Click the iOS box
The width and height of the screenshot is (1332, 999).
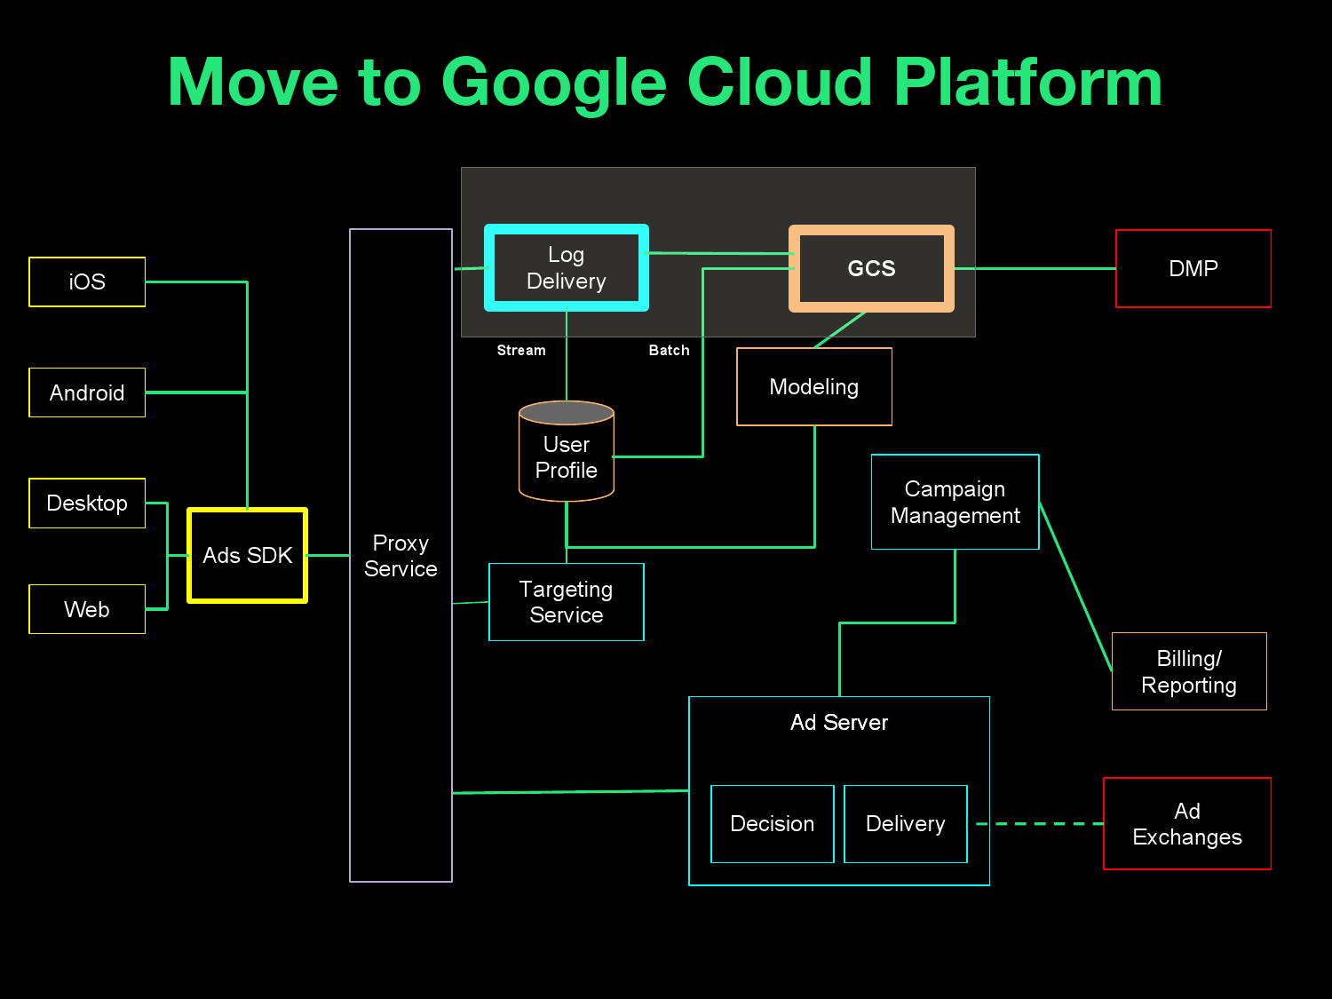(x=87, y=281)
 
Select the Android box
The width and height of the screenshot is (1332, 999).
(x=87, y=392)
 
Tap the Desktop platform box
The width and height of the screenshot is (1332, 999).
(x=87, y=503)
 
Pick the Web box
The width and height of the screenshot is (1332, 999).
(x=87, y=609)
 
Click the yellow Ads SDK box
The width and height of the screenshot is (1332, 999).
(x=247, y=555)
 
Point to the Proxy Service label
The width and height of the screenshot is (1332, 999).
(x=400, y=556)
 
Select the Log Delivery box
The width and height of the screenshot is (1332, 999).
(x=566, y=268)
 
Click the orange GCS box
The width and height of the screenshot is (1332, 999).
(x=871, y=268)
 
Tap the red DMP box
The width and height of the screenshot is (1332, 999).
(x=1193, y=268)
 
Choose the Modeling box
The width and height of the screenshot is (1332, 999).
(x=813, y=387)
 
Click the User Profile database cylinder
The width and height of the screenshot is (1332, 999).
(x=567, y=453)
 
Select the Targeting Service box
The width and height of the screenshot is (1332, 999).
(x=566, y=602)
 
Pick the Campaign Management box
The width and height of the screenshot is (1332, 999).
(x=955, y=502)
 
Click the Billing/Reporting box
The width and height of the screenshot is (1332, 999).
(x=1188, y=671)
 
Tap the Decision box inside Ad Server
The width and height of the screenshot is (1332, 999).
(x=772, y=824)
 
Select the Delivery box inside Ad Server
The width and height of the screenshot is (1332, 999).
(x=905, y=824)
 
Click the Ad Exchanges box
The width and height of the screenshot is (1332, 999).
(x=1186, y=824)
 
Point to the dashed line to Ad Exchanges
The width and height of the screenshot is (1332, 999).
(x=1039, y=824)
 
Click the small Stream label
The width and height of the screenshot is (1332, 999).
(x=521, y=351)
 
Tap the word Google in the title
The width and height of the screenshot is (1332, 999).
(x=553, y=83)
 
